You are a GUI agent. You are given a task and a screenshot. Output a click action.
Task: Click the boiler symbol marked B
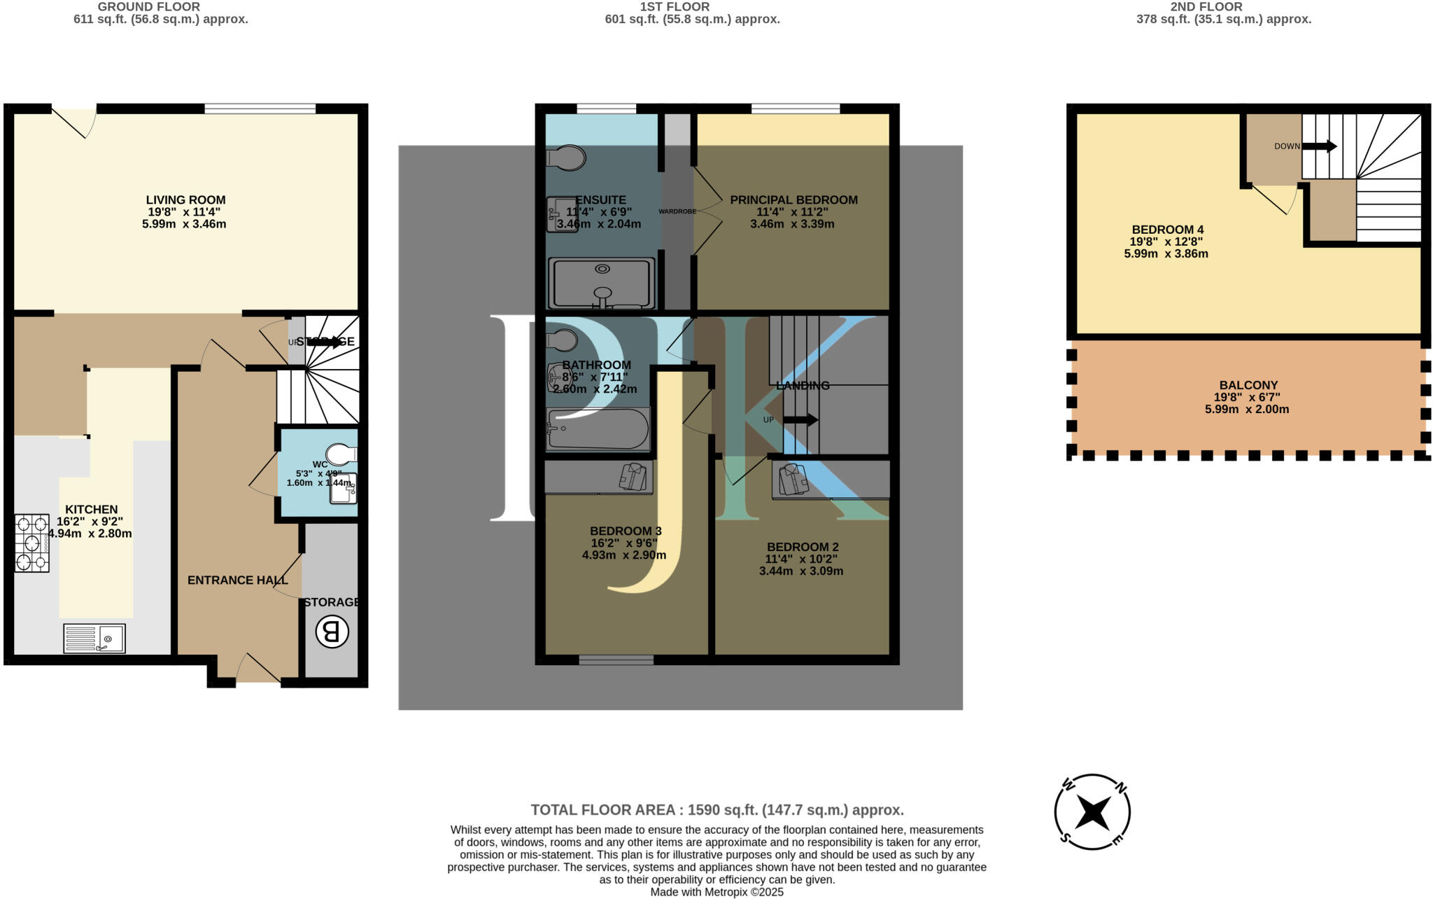coord(332,632)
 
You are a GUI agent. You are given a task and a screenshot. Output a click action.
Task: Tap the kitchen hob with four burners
coord(32,543)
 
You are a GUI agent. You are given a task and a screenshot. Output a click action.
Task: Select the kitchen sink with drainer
coord(94,638)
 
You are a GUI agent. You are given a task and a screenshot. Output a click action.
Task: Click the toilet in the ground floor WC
coord(341,454)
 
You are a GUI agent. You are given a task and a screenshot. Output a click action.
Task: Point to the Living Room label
coord(185,200)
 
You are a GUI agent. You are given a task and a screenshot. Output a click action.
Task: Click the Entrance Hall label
coord(237,580)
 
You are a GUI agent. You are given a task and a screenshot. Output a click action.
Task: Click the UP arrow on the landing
coord(800,420)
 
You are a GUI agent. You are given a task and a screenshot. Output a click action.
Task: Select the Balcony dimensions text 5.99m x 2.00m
coord(1246,410)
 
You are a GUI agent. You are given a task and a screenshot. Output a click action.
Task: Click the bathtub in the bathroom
coord(598,428)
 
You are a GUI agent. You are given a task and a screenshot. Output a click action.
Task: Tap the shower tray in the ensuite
coord(602,283)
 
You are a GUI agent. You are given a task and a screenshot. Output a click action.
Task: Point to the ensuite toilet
coord(565,158)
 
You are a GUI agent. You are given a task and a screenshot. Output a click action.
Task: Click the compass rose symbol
coord(1092,811)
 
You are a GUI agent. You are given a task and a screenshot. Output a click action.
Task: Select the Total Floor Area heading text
coord(716,810)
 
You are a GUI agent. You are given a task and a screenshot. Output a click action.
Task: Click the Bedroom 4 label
coord(1167,230)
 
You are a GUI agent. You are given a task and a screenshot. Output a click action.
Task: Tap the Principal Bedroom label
coord(793,200)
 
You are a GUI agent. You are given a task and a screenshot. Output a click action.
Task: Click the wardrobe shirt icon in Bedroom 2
coord(793,480)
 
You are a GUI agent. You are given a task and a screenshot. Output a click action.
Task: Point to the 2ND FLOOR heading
coord(1206,7)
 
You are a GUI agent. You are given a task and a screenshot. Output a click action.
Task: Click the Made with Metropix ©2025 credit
coord(716,892)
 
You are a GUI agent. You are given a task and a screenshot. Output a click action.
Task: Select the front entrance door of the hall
coord(257,669)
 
